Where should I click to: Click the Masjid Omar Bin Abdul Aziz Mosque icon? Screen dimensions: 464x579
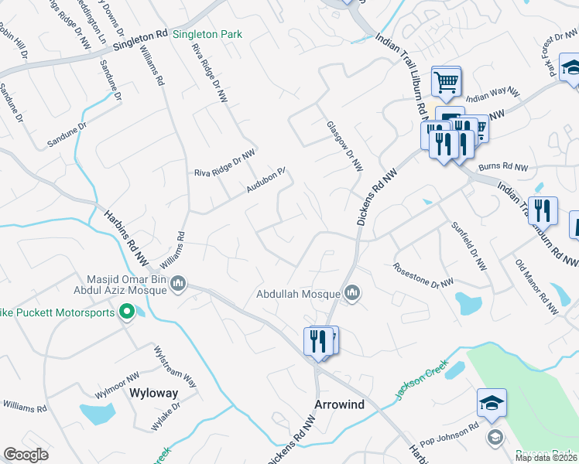pos(178,284)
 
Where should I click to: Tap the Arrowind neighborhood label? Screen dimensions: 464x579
pos(338,405)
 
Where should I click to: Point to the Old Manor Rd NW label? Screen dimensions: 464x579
pos(536,286)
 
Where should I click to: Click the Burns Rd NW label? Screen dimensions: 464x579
pos(502,167)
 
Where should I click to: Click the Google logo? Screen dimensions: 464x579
pos(26,455)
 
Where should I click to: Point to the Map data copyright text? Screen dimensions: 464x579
pos(546,458)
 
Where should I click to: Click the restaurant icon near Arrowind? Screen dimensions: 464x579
pos(318,340)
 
